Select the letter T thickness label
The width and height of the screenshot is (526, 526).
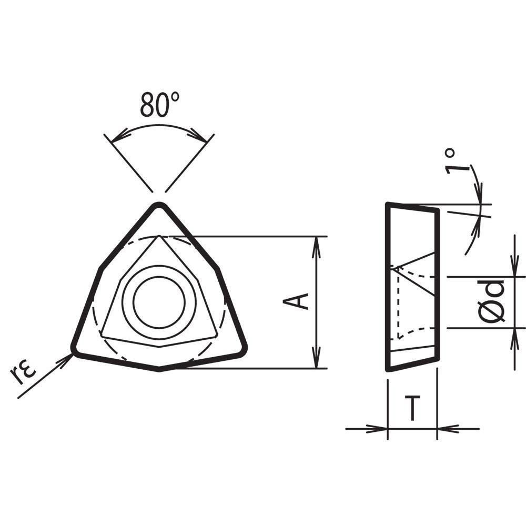tap(413, 409)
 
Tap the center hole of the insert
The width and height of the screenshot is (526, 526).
tap(159, 302)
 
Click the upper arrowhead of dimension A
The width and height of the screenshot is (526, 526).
tap(316, 242)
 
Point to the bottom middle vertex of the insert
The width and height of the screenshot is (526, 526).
tap(159, 370)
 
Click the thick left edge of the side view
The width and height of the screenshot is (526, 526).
tap(388, 287)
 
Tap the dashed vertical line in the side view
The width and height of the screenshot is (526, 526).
tap(399, 305)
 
